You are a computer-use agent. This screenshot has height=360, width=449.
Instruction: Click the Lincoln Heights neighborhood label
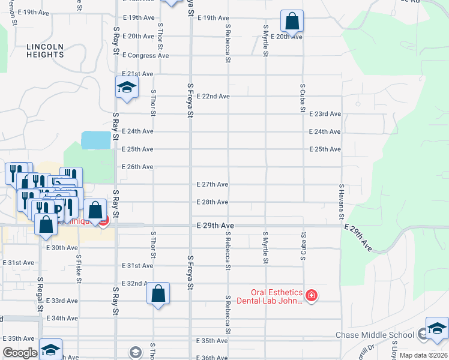pos(45,50)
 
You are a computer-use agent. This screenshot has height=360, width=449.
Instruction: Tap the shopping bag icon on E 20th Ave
pos(292,21)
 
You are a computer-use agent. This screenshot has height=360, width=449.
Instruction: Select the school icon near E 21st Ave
pos(127,88)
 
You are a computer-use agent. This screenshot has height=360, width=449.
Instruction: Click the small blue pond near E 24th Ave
pos(96,140)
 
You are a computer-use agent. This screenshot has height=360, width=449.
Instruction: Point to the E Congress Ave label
pos(145,55)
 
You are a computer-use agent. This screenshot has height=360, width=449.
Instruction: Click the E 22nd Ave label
pos(213,96)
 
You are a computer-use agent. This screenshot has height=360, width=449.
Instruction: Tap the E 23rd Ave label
pos(325,114)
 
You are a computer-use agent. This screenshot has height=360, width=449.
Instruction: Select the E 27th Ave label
pos(212,184)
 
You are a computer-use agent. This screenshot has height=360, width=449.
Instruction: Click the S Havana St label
pos(340,202)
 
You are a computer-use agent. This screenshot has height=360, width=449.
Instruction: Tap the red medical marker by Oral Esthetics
pos(311,295)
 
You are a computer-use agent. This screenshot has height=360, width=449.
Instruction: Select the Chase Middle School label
pos(375,335)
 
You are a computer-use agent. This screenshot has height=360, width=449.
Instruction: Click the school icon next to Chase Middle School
pos(437,329)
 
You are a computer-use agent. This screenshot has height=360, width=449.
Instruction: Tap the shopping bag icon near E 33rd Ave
pos(158,294)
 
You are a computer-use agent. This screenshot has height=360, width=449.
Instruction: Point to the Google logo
pos(20,353)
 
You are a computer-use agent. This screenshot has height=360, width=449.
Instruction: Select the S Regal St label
pos(40,293)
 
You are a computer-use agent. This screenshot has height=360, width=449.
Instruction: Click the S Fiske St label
pos(78,268)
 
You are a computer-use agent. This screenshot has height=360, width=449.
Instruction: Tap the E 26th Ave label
pos(137,167)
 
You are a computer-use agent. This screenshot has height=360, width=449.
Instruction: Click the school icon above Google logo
pos(50,349)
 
